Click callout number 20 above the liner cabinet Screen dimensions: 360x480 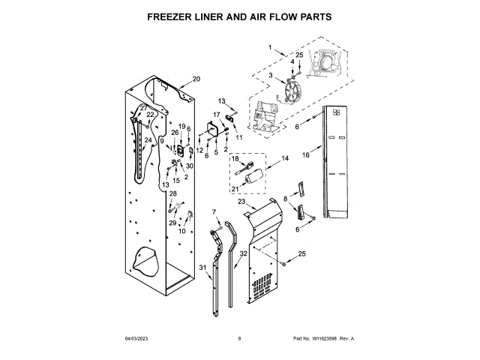(x=196, y=79)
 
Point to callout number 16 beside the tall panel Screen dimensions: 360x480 (x=305, y=155)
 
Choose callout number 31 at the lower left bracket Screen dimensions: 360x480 (x=202, y=268)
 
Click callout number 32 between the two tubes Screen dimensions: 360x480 (x=243, y=254)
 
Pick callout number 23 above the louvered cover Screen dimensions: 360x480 (x=241, y=201)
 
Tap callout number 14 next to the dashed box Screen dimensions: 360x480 (x=284, y=159)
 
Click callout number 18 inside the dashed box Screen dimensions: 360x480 (x=235, y=159)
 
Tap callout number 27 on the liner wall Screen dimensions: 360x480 (x=143, y=108)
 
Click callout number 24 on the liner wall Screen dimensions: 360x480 (x=148, y=140)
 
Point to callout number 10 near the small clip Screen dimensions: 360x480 (x=181, y=231)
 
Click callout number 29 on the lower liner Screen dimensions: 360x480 (x=172, y=223)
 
